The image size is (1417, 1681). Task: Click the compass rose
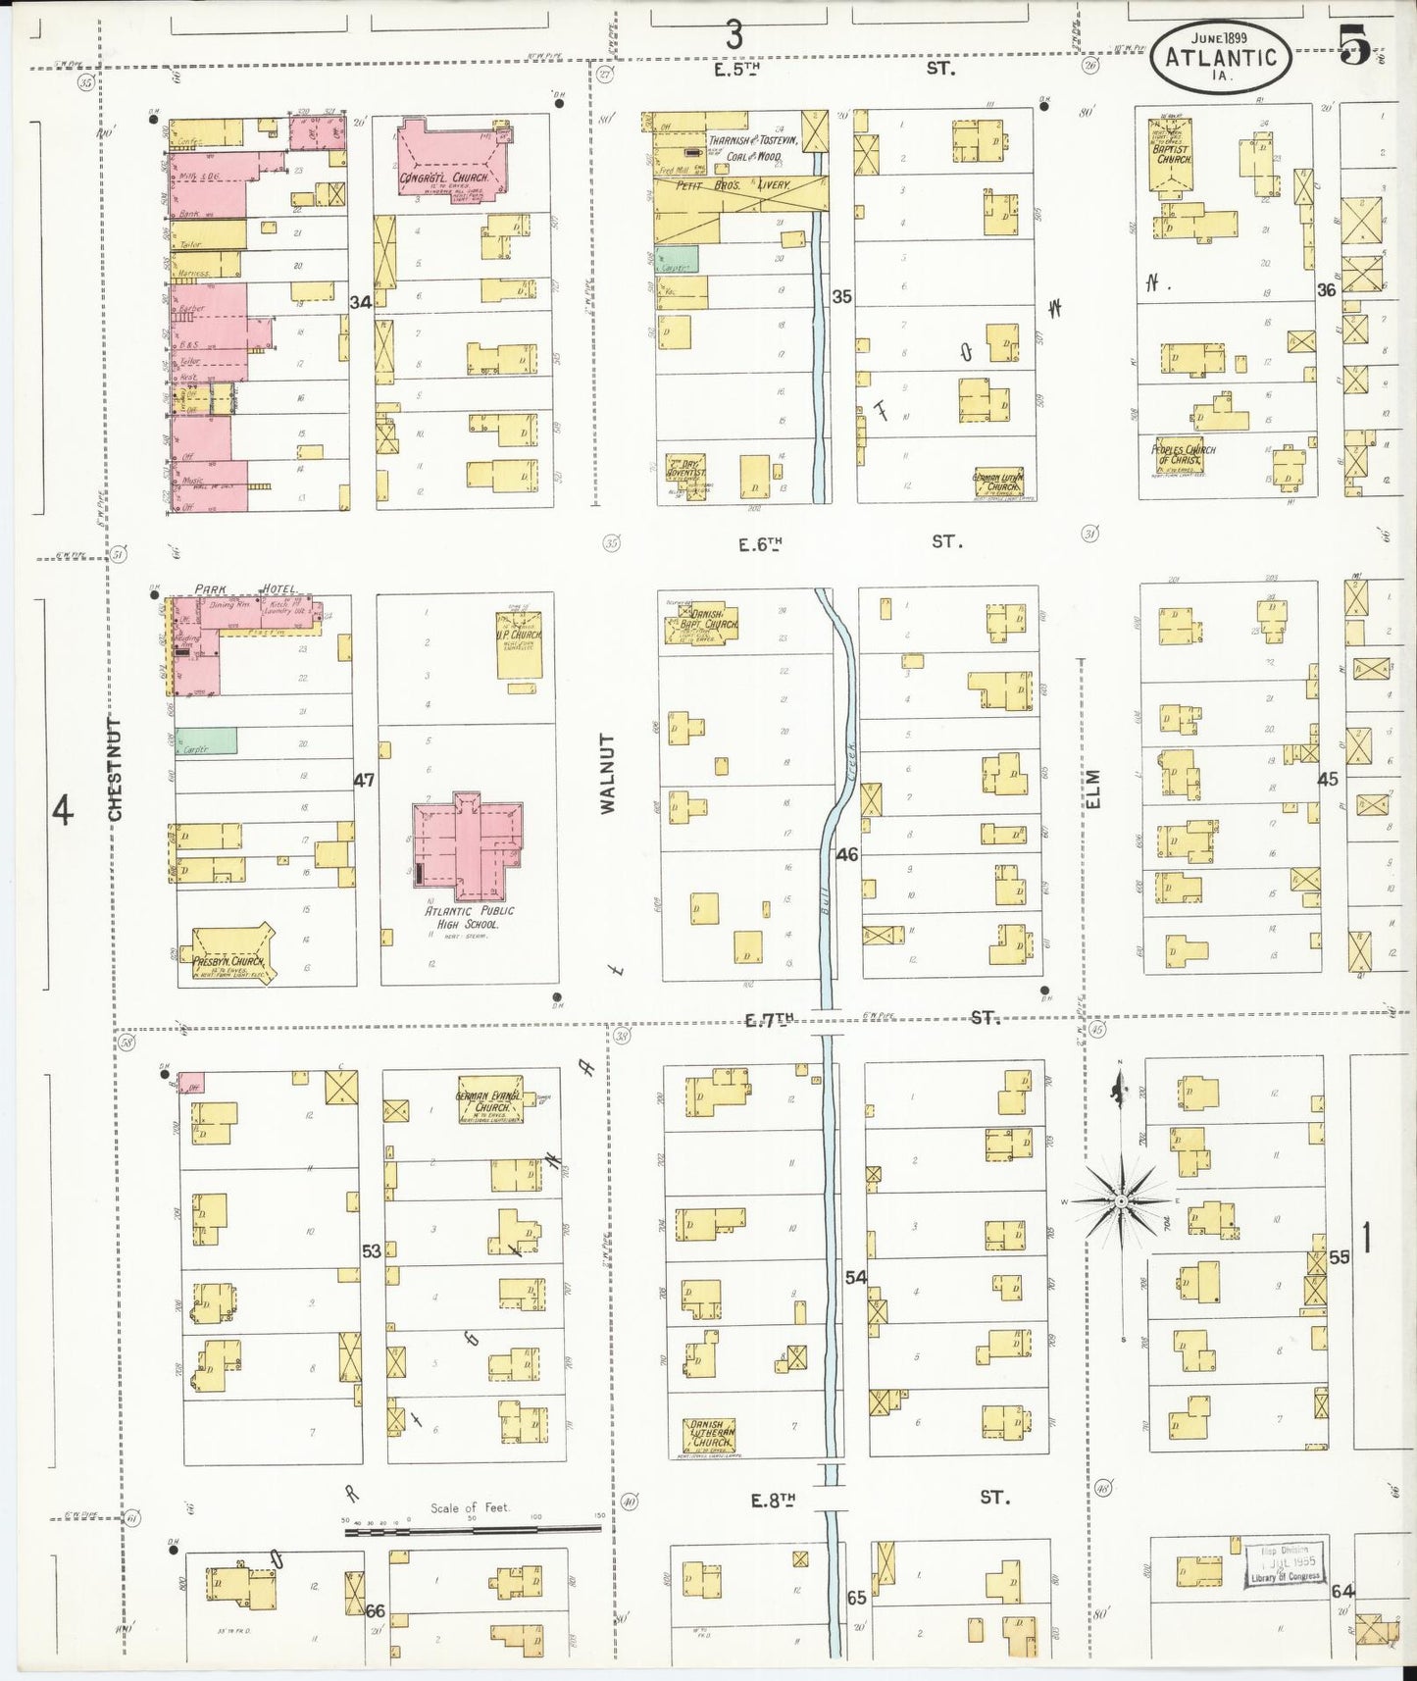coord(1120,1199)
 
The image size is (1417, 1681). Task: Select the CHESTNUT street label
coord(115,770)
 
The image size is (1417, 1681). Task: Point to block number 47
coord(364,781)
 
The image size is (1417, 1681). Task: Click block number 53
coord(371,1251)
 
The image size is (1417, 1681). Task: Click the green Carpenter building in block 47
coord(208,741)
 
